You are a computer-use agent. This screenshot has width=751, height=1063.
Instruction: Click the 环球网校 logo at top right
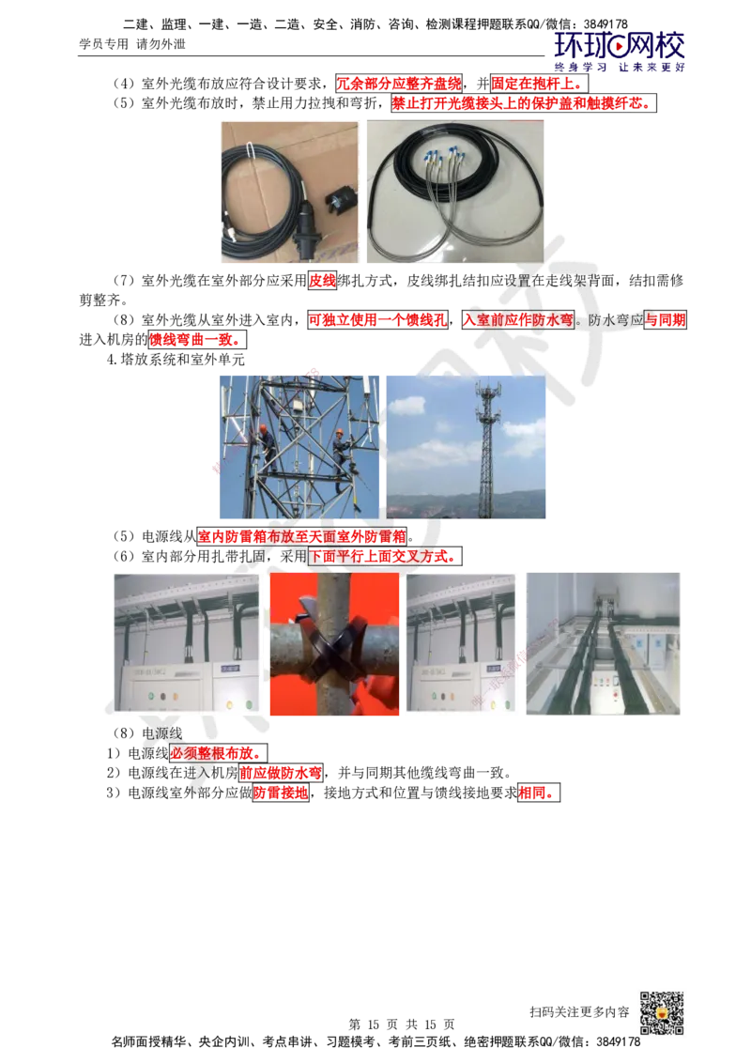[620, 51]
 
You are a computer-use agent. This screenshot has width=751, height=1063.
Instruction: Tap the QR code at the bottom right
[662, 1013]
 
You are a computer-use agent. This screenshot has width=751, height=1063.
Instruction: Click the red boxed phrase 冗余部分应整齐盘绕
[399, 84]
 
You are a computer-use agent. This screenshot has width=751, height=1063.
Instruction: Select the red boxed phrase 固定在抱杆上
[539, 84]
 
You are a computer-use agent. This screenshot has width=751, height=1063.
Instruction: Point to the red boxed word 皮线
[323, 281]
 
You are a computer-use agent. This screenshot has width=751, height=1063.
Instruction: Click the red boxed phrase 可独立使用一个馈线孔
[378, 320]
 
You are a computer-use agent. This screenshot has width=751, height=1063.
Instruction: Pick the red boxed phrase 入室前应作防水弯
[518, 320]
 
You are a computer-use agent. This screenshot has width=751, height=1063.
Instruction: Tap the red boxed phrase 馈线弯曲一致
[196, 340]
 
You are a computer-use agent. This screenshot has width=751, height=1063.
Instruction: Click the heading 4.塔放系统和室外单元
[176, 360]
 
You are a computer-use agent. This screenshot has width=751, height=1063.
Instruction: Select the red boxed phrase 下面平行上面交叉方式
[385, 557]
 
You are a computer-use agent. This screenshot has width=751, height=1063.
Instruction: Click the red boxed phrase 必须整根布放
[218, 753]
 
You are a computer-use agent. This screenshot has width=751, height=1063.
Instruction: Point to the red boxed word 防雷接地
[281, 793]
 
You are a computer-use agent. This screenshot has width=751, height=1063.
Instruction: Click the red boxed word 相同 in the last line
[539, 793]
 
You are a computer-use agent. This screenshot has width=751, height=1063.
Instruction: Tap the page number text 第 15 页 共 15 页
[401, 1024]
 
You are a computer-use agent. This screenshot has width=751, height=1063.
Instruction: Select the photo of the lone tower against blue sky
[466, 447]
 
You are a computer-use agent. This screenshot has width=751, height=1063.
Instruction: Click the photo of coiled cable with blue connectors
[454, 192]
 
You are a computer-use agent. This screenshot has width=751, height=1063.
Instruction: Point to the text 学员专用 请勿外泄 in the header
[132, 44]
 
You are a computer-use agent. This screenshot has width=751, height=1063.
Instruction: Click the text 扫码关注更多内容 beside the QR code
[579, 1012]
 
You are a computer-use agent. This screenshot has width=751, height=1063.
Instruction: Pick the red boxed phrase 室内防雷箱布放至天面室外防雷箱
[302, 537]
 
